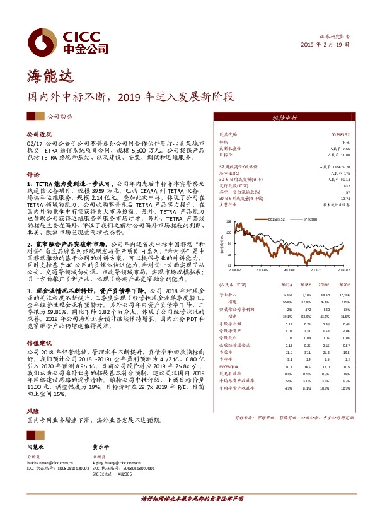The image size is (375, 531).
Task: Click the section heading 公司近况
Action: [38, 135]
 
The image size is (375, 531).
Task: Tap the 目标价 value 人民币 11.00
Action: [337, 154]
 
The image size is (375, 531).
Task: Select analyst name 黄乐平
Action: [102, 446]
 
